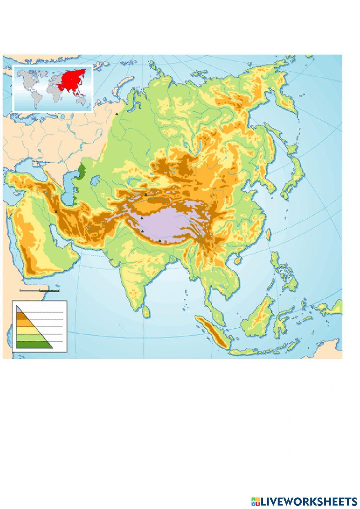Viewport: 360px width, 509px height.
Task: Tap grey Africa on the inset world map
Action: click(x=54, y=92)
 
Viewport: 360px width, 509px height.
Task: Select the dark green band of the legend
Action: click(x=32, y=345)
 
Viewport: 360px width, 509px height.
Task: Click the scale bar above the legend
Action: click(x=40, y=290)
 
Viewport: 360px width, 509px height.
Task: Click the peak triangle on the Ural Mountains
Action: click(x=116, y=113)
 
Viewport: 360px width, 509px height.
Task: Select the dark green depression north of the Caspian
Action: click(x=83, y=170)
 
